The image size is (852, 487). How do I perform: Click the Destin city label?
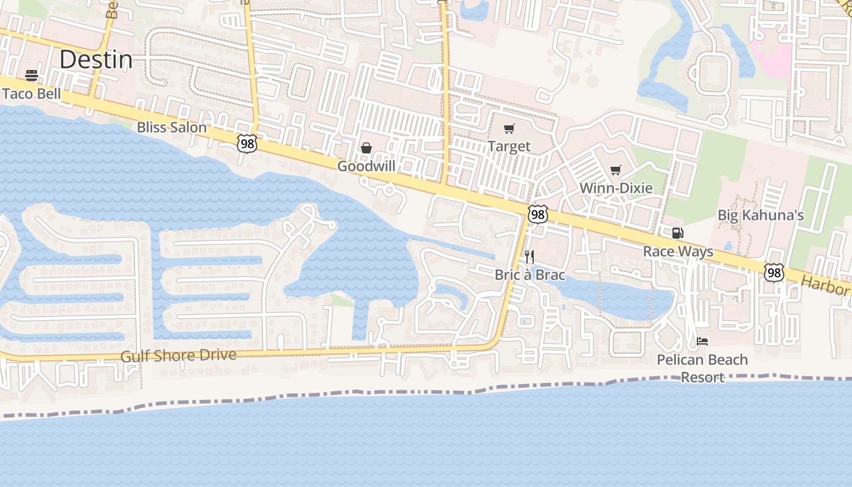(96, 60)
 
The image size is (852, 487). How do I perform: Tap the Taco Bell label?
(32, 94)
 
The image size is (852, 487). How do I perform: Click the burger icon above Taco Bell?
(32, 75)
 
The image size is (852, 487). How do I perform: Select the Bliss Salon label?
(172, 128)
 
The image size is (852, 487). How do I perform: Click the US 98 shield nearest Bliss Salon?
(247, 144)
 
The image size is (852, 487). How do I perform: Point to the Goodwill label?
(366, 166)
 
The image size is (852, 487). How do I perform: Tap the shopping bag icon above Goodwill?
(366, 148)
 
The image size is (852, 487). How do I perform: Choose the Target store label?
(509, 147)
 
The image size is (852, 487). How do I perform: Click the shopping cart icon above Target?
(509, 128)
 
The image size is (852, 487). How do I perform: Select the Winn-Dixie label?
(616, 188)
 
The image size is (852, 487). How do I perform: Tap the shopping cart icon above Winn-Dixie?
(616, 170)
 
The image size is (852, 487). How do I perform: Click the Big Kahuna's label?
(761, 215)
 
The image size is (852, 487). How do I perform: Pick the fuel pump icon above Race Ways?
(677, 233)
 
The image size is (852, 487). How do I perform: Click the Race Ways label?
(678, 251)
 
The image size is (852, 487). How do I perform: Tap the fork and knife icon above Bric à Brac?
(529, 256)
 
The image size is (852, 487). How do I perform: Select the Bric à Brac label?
(529, 275)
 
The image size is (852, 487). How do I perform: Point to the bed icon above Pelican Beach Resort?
(702, 342)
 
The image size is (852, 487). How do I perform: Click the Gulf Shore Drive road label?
(178, 355)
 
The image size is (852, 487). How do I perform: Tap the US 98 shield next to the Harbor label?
(774, 273)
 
